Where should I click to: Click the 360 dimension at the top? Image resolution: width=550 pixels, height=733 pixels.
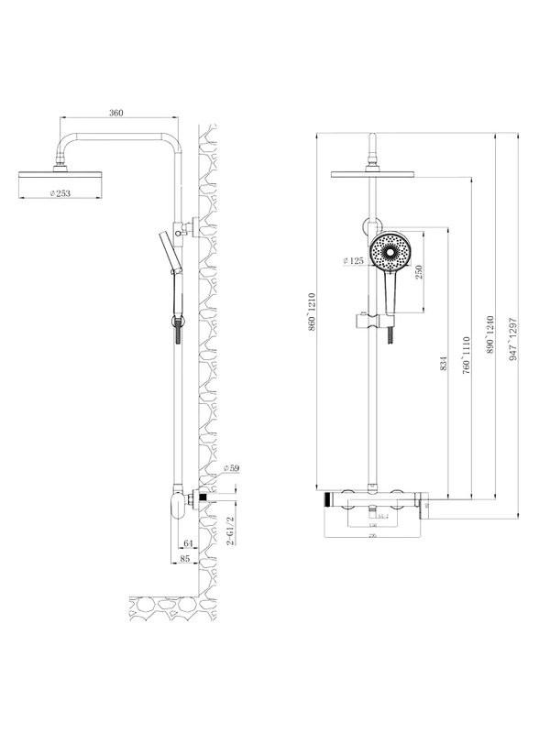coord(115,113)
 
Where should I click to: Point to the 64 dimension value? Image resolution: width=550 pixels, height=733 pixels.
coord(187,544)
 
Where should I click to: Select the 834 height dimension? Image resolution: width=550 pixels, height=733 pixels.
coord(443,362)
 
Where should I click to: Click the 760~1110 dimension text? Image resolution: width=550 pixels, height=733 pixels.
coord(467,353)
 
